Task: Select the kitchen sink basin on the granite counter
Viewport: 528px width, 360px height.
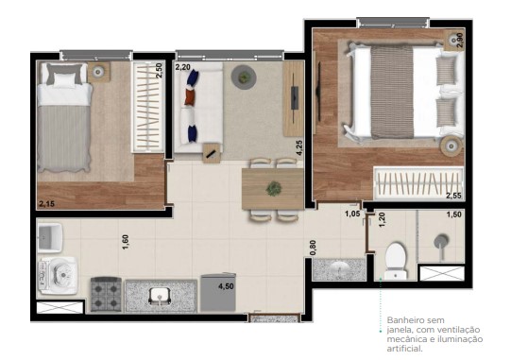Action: (x=161, y=296)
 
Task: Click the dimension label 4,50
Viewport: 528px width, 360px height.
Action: (x=227, y=285)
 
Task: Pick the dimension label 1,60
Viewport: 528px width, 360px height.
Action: (x=125, y=241)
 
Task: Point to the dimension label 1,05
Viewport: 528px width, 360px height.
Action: (x=352, y=214)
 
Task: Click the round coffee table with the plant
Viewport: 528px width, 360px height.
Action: (x=244, y=76)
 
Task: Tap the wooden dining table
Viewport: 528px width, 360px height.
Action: (x=273, y=184)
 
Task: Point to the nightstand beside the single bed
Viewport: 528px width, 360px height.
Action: (x=98, y=71)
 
